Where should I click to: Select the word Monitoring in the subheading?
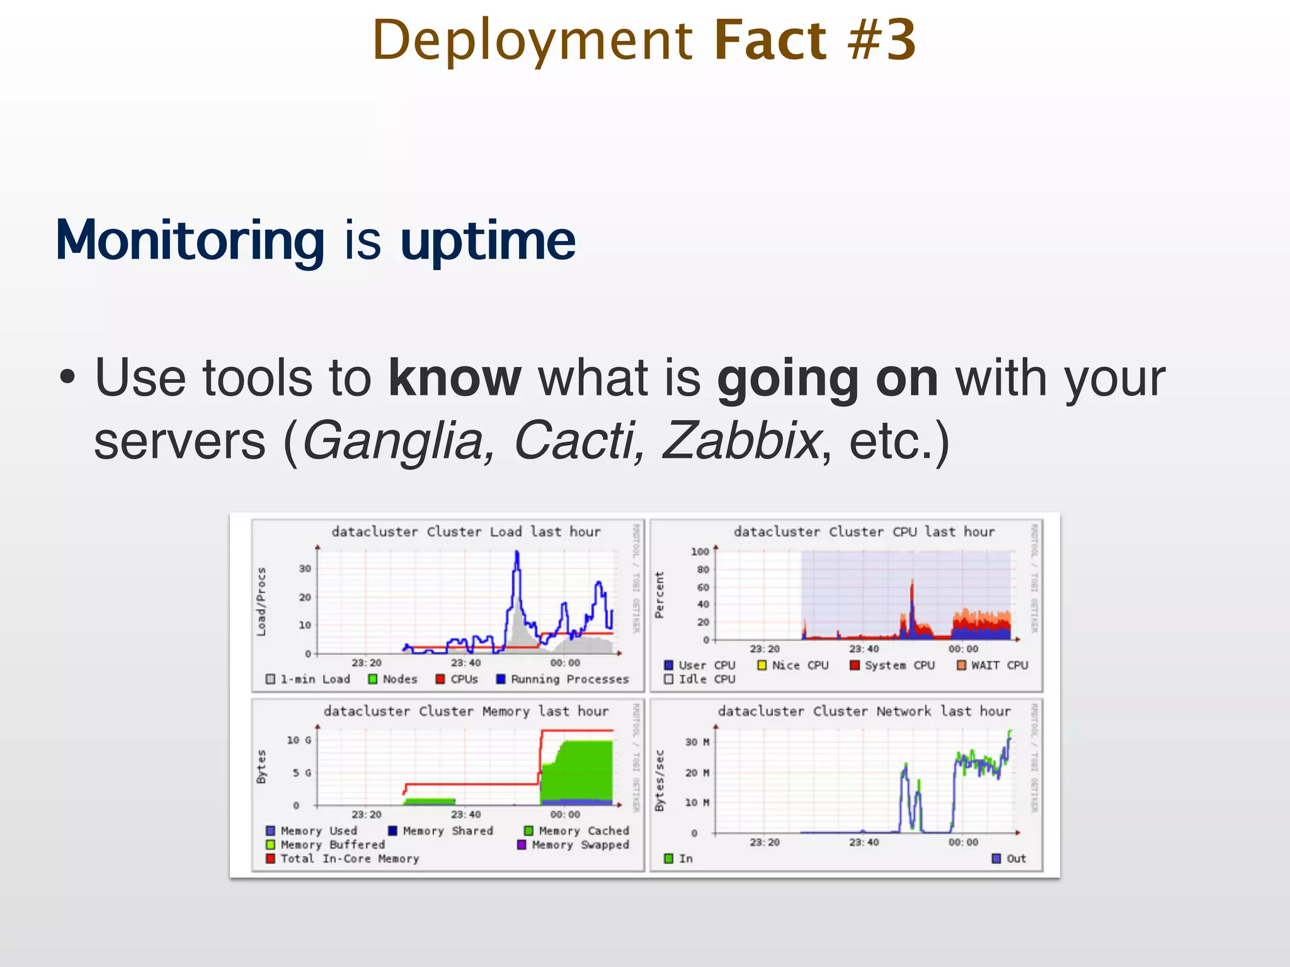(190, 240)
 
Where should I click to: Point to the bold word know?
(454, 378)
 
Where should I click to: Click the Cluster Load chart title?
(465, 531)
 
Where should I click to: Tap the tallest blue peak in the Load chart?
(517, 553)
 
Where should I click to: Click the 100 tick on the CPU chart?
(699, 551)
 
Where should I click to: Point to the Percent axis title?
(659, 595)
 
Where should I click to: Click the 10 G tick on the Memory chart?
(299, 740)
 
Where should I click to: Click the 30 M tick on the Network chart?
(697, 742)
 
